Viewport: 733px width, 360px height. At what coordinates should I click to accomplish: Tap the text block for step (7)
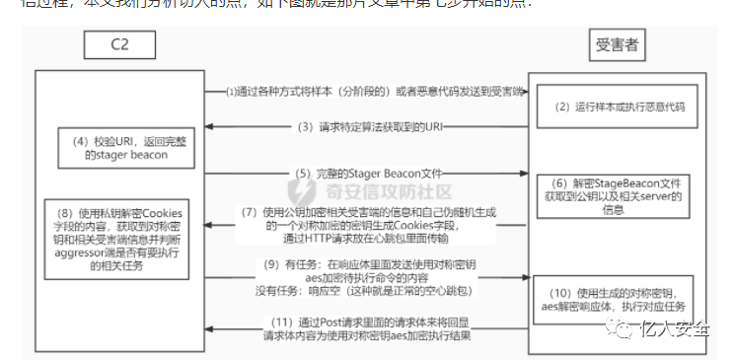[x=380, y=225]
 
